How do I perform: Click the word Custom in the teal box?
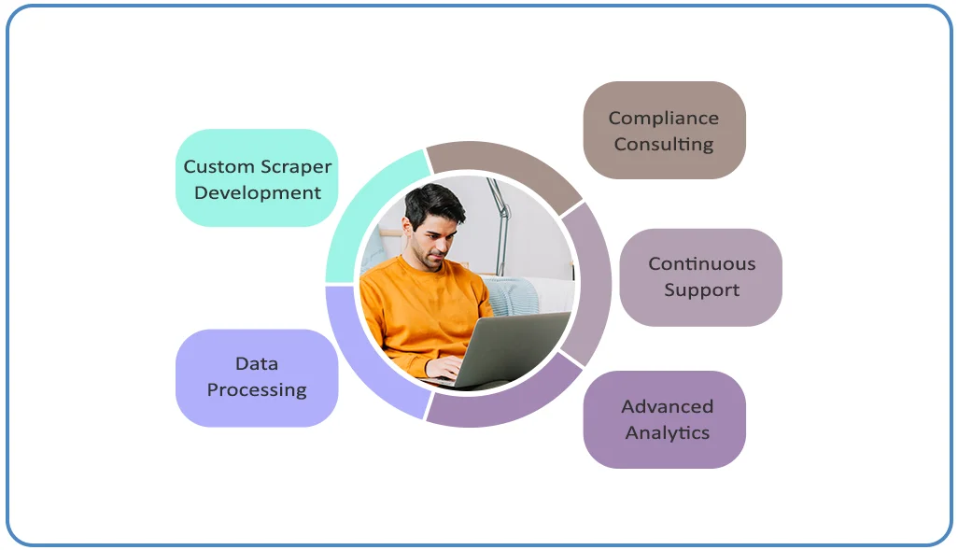tap(210, 166)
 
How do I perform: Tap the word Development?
tap(257, 193)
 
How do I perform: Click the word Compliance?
tap(664, 119)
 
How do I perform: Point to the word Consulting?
tap(664, 145)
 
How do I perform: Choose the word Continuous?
tap(702, 263)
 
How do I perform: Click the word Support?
tap(702, 290)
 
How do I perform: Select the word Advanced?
tap(668, 406)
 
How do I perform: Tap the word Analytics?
tap(668, 433)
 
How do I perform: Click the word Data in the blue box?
tap(257, 363)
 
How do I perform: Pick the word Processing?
tap(257, 390)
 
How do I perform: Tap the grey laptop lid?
tap(514, 348)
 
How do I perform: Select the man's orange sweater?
tap(421, 312)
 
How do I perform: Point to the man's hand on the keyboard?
tap(444, 368)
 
